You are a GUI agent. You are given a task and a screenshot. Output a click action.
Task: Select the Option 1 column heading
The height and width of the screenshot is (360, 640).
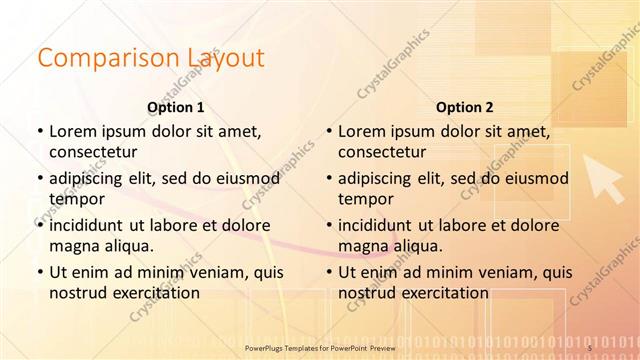pyautogui.click(x=176, y=107)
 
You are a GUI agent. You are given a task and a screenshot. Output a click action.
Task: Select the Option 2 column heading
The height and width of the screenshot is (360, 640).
pyautogui.click(x=465, y=107)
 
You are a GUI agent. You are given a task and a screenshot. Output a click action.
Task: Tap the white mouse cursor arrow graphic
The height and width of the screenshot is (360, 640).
pyautogui.click(x=604, y=178)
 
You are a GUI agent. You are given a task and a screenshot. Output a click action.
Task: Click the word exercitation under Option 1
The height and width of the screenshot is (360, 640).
pyautogui.click(x=154, y=293)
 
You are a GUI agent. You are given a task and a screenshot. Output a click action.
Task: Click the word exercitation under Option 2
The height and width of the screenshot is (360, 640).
pyautogui.click(x=443, y=293)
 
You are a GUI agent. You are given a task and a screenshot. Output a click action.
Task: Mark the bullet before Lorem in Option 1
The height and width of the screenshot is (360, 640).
pyautogui.click(x=39, y=131)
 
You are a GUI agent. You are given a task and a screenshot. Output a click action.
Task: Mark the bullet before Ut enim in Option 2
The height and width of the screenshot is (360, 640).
pyautogui.click(x=328, y=272)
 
